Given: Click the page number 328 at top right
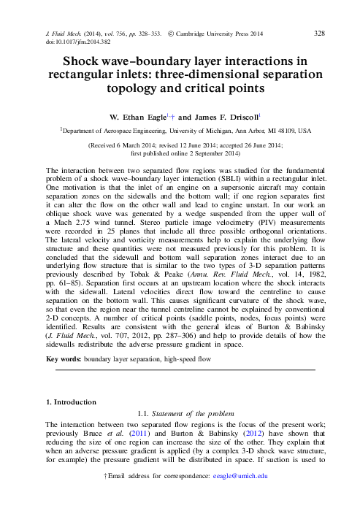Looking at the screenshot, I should pyautogui.click(x=319, y=34).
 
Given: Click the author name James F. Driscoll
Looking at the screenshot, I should pyautogui.click(x=226, y=116).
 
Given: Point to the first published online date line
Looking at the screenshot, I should pyautogui.click(x=179, y=154).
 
